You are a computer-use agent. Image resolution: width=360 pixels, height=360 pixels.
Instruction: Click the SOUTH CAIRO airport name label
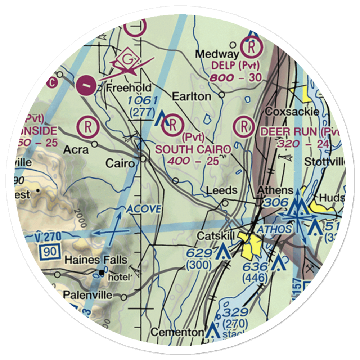click(193, 149)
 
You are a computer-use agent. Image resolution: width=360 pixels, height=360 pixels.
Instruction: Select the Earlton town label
click(191, 96)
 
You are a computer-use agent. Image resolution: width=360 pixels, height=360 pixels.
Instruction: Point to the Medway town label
click(217, 54)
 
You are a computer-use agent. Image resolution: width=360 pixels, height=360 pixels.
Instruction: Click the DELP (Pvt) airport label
click(235, 66)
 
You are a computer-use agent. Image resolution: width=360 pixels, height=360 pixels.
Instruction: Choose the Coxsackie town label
click(292, 112)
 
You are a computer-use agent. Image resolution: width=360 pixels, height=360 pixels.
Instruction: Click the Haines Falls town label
click(96, 260)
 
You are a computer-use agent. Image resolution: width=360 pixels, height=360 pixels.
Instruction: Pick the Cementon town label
click(177, 332)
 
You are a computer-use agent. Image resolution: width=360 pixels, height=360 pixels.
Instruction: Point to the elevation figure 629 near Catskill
click(199, 253)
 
